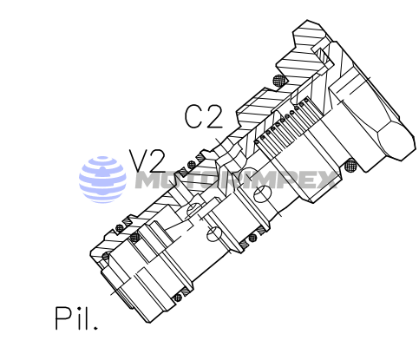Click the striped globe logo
pos(103,179)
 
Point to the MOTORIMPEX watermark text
pos(234,180)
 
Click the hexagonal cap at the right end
pos(371,121)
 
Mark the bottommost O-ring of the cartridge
pos(177,298)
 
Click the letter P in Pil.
pos(62,318)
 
